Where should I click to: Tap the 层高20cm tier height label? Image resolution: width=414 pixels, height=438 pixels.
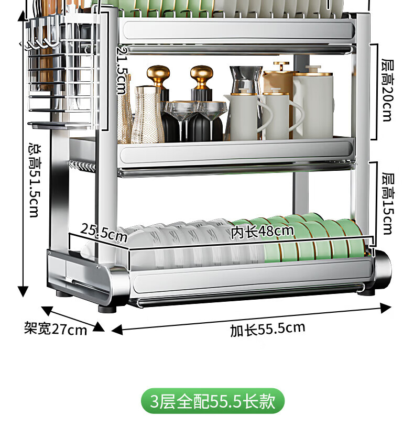point(387,90)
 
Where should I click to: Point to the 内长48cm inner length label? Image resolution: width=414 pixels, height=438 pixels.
point(262,231)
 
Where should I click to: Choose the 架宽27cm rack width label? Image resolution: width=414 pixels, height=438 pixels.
point(56,328)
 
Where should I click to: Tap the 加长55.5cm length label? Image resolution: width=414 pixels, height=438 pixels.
point(267,329)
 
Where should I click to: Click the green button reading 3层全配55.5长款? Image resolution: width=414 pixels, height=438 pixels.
point(213,401)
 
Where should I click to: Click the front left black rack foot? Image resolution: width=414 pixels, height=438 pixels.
point(107,309)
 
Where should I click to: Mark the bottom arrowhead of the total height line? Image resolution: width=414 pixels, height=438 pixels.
point(23,292)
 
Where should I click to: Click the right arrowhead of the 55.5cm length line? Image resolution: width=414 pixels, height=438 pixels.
point(386,308)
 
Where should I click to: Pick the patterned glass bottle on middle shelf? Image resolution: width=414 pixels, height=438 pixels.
point(147,115)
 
